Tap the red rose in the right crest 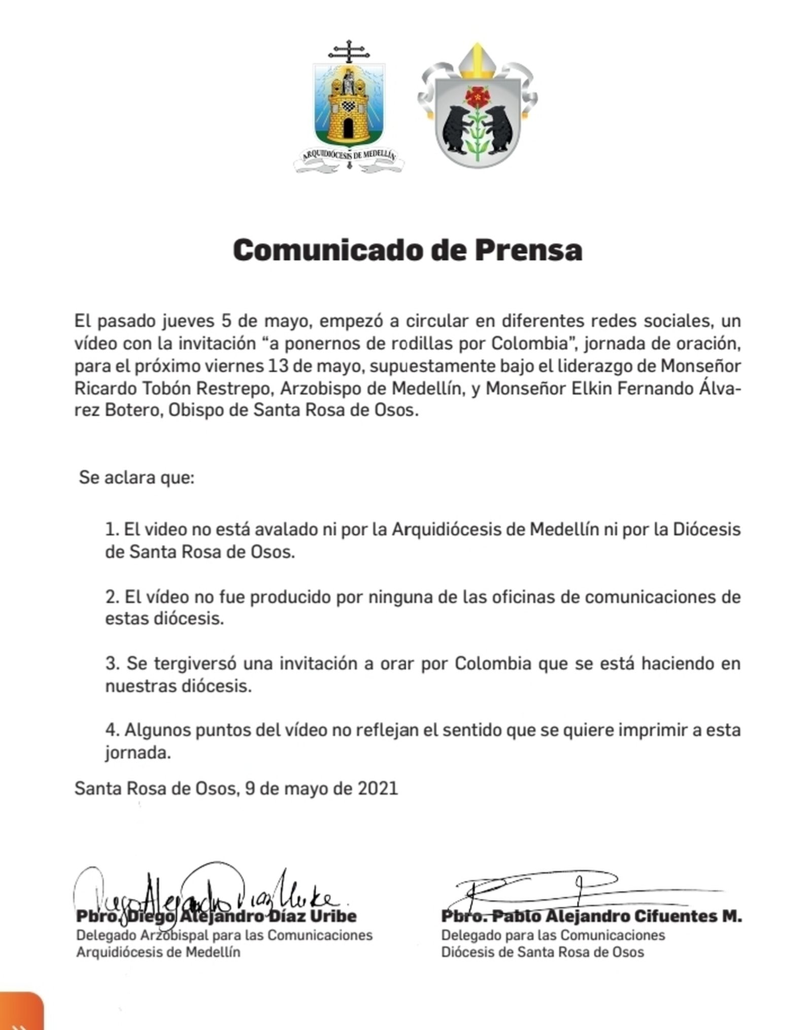pos(476,96)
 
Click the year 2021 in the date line pos(378,788)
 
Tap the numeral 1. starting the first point pos(112,529)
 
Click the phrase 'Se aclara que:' pos(137,478)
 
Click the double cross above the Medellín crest pos(348,51)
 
